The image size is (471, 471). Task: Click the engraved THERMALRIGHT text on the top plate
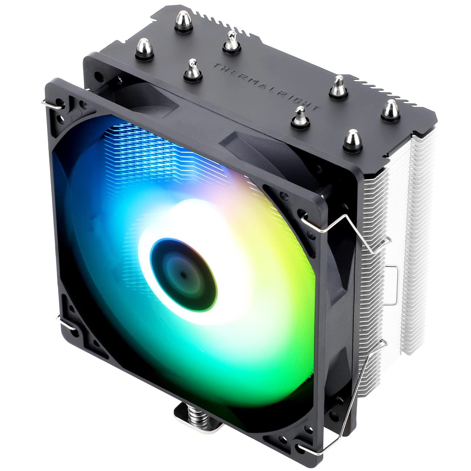tap(266, 86)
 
